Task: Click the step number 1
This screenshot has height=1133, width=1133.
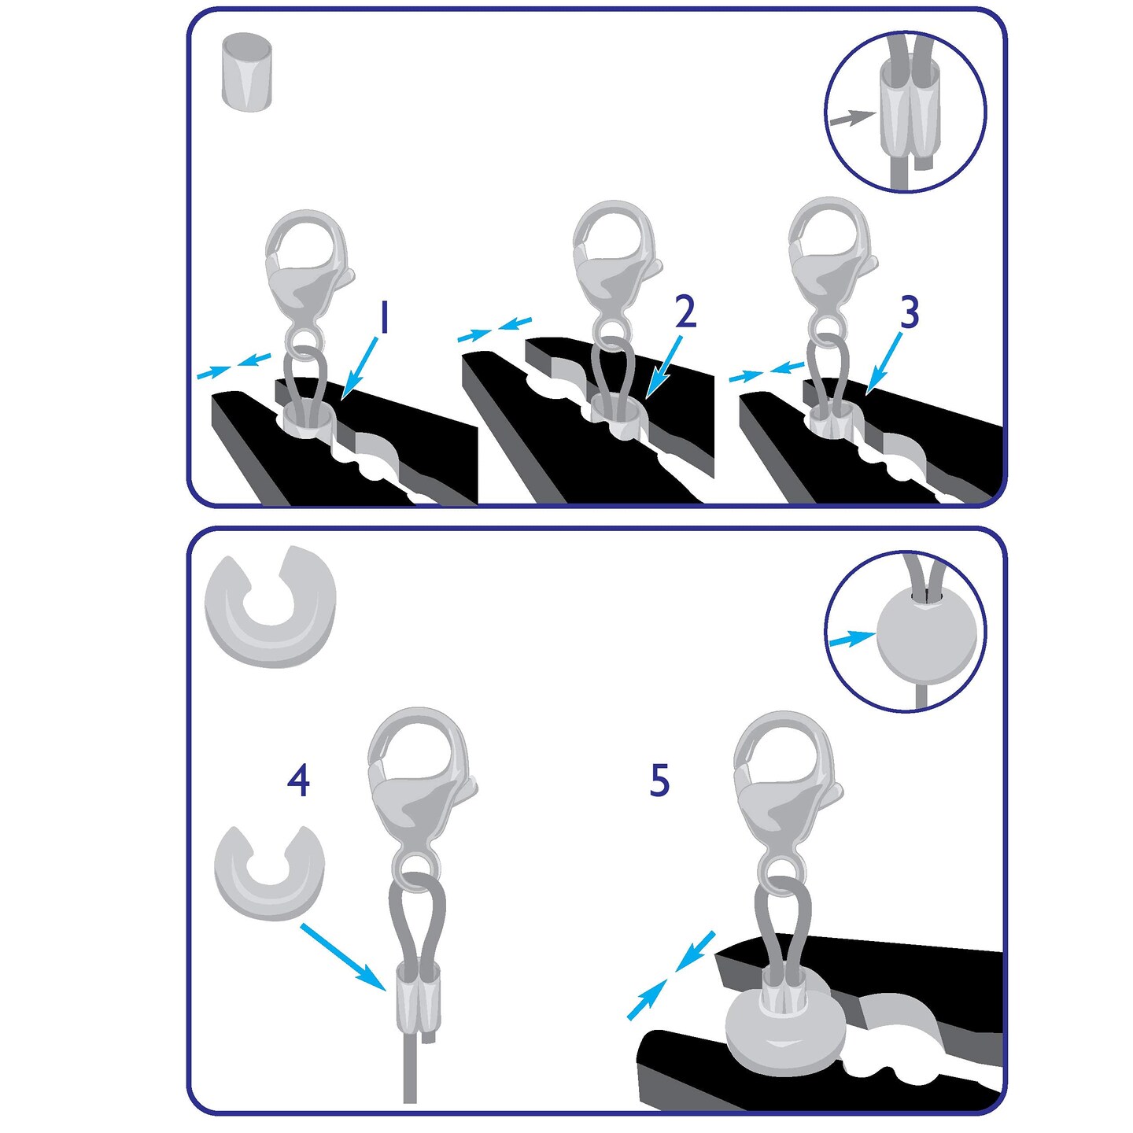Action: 385,318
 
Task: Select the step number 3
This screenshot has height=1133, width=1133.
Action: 909,312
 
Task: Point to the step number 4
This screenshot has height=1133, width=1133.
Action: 299,781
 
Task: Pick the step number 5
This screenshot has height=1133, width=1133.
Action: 659,781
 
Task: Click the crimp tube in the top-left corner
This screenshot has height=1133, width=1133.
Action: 247,72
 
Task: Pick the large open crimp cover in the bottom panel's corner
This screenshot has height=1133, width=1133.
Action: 270,606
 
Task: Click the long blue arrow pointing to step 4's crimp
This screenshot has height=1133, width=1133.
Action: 344,958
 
